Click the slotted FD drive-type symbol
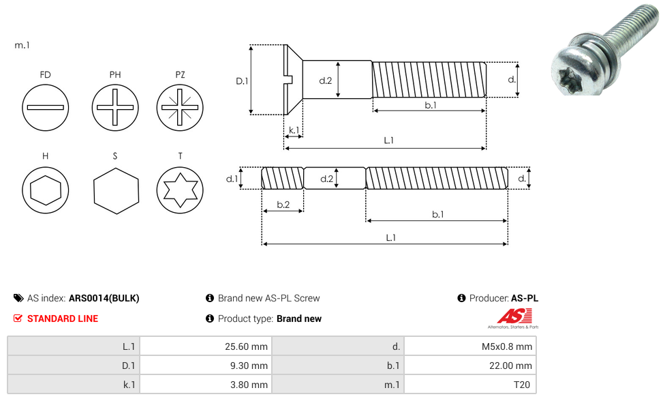coord(46,107)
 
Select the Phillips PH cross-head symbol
coord(115,107)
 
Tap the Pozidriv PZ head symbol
coord(180,107)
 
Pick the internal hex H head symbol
coord(46,190)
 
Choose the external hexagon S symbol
coord(116,190)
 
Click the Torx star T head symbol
coord(180,190)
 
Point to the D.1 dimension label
coord(242,80)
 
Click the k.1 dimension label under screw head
coord(294,130)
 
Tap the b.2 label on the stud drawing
coord(283,205)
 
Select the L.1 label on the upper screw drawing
coord(389,140)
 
